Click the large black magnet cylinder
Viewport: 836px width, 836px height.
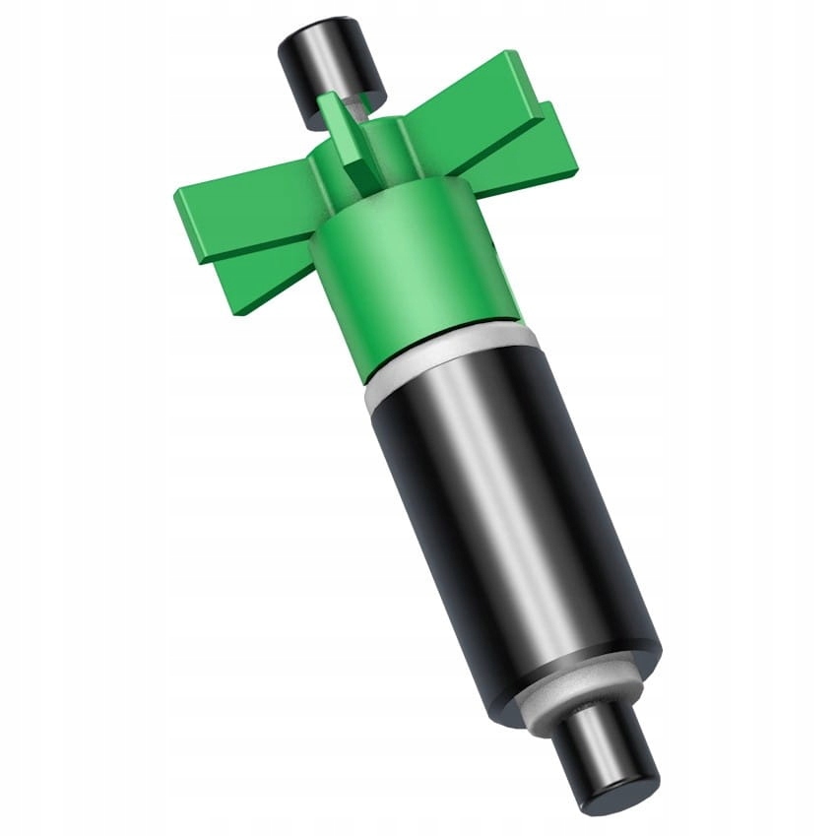[512, 522]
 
